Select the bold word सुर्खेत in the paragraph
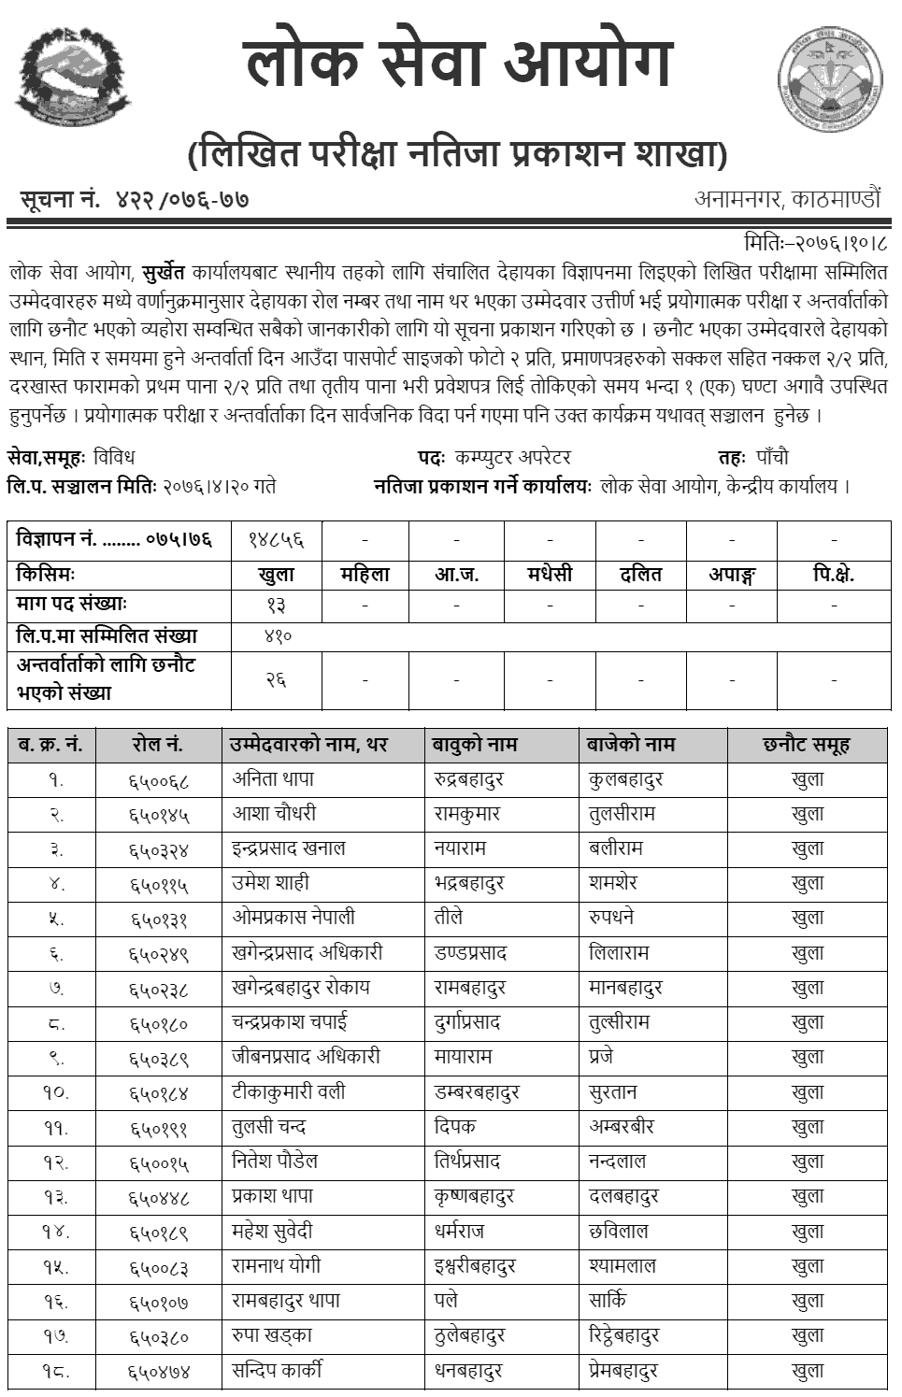click(x=165, y=273)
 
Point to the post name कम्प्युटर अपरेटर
click(x=512, y=457)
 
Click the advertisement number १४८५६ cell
click(x=276, y=540)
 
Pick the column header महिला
click(x=365, y=574)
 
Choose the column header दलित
click(x=640, y=574)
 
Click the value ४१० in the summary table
click(x=278, y=636)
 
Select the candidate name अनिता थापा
click(x=273, y=778)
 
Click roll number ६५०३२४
click(x=159, y=849)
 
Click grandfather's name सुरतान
click(x=613, y=1091)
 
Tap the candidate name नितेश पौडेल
click(x=275, y=1162)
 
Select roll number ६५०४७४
click(x=159, y=1372)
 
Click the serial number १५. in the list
click(x=55, y=1267)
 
